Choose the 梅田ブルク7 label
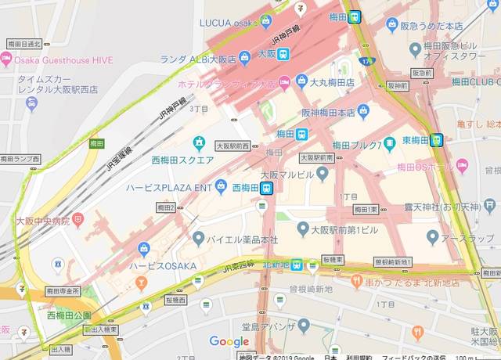click(357, 145)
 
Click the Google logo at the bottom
click(229, 342)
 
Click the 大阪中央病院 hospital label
click(43, 221)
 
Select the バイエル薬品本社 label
click(246, 237)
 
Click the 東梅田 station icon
click(437, 141)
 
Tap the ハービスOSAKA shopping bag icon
click(143, 250)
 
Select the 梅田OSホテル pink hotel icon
click(462, 165)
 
